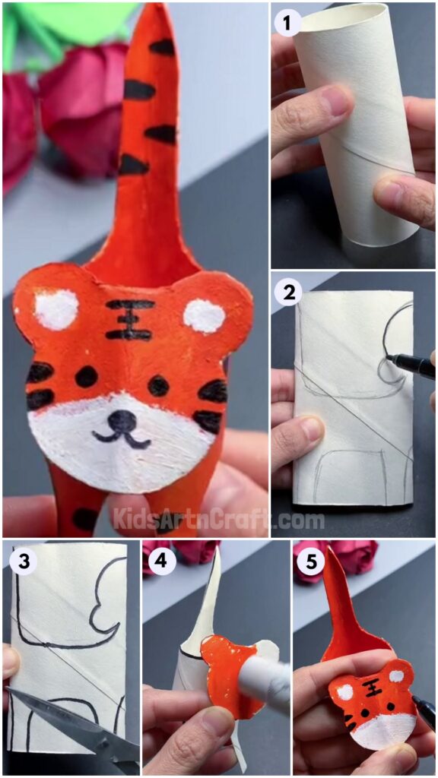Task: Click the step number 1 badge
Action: coord(287,24)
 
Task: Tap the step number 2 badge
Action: coord(287,293)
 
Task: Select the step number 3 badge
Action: coord(20,561)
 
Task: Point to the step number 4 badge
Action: coord(160,561)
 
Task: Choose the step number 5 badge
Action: coord(310,561)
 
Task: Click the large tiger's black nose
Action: coord(122,419)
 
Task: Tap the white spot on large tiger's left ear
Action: coord(57,309)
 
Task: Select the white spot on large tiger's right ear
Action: coord(204,315)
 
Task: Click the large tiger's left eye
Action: coord(86,376)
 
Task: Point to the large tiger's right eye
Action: coord(158,385)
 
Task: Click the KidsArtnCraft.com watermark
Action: coord(219,520)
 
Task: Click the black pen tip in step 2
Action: coord(390,357)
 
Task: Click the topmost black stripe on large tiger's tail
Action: coord(162,47)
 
